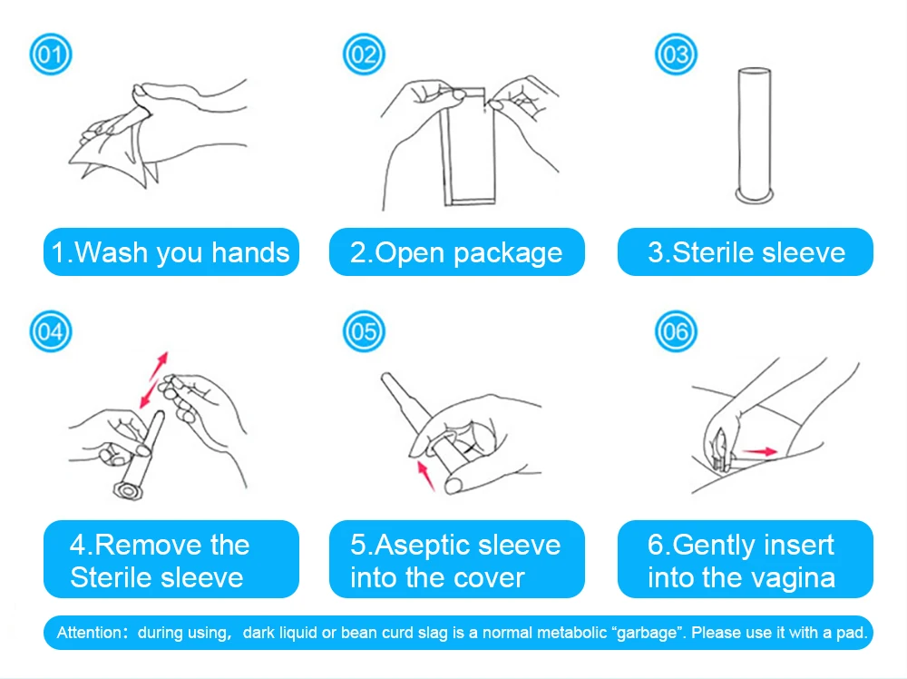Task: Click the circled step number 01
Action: [x=51, y=54]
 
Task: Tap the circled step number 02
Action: [x=364, y=54]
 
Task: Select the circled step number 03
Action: [x=676, y=54]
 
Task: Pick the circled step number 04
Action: [x=51, y=331]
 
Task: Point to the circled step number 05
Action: [x=364, y=331]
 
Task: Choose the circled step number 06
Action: [x=676, y=331]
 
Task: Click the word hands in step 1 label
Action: [x=250, y=253]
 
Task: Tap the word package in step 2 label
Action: [x=508, y=254]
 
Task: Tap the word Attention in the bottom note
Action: [x=89, y=633]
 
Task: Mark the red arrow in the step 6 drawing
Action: [x=759, y=451]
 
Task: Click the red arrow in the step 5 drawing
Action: [x=425, y=477]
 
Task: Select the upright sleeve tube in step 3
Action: [x=755, y=135]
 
